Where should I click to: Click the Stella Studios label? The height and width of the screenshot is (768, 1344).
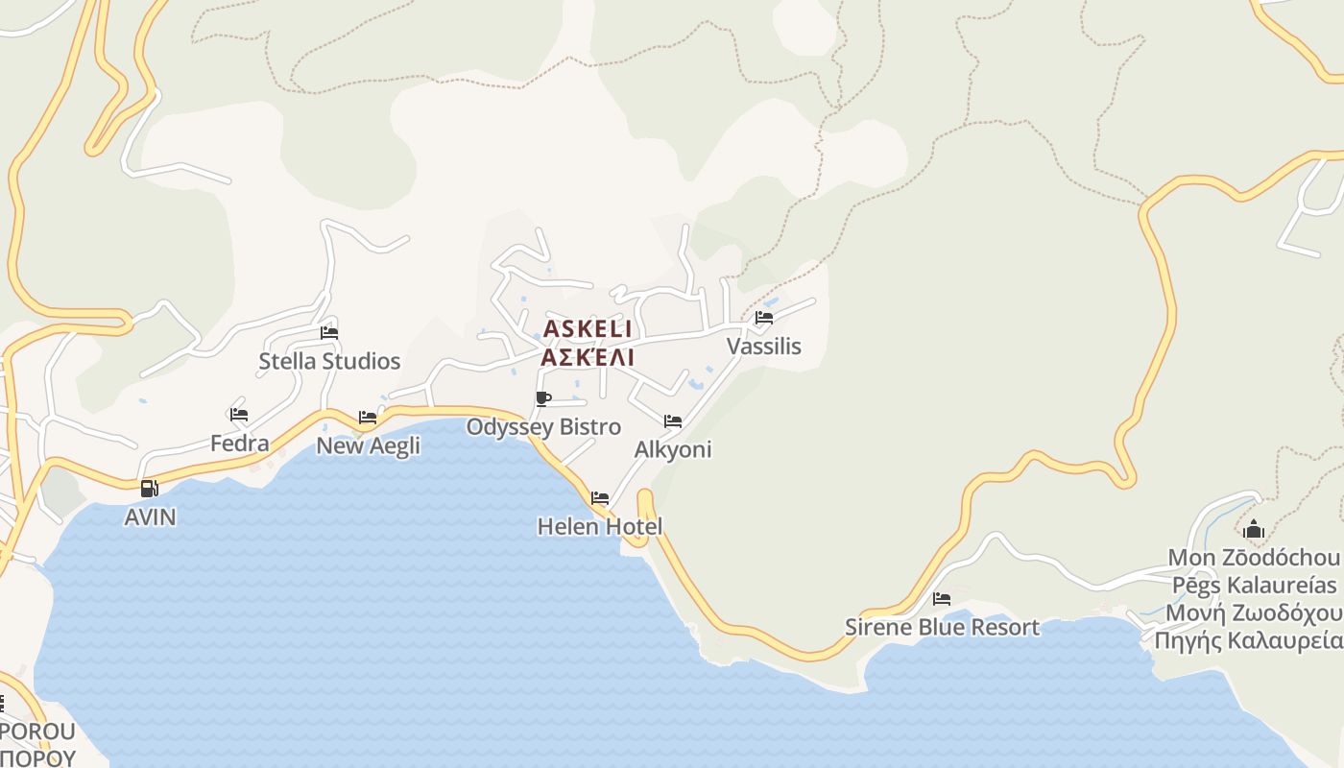[329, 362]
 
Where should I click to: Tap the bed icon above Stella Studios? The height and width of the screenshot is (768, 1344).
[329, 333]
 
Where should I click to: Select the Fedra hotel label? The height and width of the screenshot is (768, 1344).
[240, 444]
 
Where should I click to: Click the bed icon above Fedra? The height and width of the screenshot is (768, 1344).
[239, 415]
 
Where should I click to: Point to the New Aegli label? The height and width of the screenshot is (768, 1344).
[369, 445]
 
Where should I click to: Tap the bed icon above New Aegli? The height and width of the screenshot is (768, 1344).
[368, 418]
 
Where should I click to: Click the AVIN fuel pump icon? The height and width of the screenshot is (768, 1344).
[149, 489]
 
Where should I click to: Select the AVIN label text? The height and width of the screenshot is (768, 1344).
[151, 517]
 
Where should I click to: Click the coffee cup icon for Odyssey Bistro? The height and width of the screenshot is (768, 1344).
[543, 398]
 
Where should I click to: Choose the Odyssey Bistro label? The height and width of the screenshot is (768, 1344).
[543, 427]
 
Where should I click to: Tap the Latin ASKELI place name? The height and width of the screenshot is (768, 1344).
[588, 329]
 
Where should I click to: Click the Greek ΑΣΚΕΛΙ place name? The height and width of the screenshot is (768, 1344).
[588, 358]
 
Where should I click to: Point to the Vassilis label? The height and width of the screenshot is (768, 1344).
[764, 347]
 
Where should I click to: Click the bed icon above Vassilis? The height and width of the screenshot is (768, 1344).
[764, 318]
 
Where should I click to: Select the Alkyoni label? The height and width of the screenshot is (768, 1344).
[673, 450]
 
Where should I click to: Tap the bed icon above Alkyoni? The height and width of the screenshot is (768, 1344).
[673, 421]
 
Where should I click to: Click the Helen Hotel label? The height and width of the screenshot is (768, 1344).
[600, 527]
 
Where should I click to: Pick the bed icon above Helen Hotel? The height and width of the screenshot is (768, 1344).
[600, 498]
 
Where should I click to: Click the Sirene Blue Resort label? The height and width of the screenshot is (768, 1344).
[942, 628]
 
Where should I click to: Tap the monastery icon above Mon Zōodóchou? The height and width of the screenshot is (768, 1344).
[1254, 529]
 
